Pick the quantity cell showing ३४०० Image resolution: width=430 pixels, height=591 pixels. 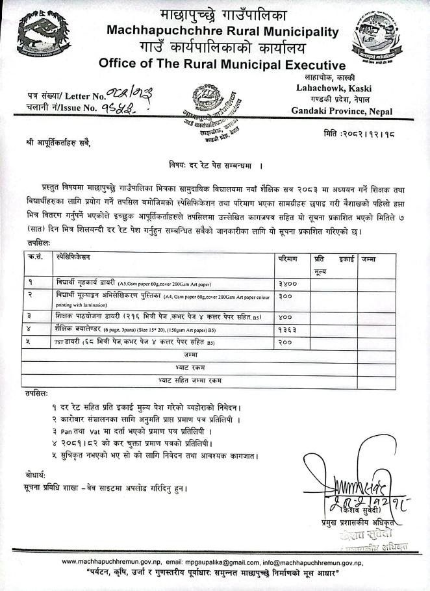tap(287, 283)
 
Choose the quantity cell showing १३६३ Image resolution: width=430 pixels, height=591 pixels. tap(287, 329)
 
